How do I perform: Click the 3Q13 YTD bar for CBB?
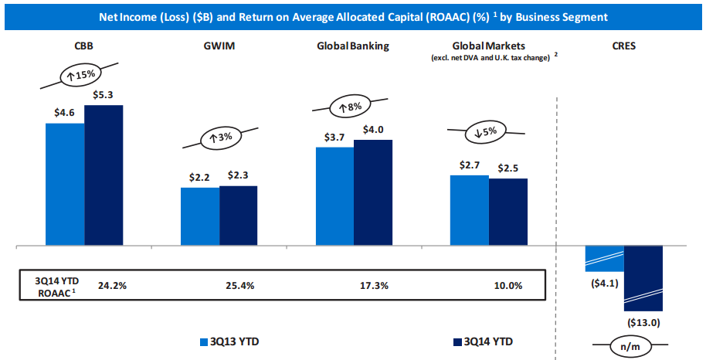click(65, 184)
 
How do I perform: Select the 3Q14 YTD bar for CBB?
click(104, 175)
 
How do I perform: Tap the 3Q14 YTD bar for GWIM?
click(238, 216)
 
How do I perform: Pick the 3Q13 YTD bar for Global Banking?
click(334, 196)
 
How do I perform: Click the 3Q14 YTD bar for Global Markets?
click(507, 212)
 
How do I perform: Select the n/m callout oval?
click(630, 347)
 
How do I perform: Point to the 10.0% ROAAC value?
click(507, 285)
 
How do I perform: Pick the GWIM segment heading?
click(219, 46)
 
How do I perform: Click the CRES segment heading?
click(623, 46)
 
